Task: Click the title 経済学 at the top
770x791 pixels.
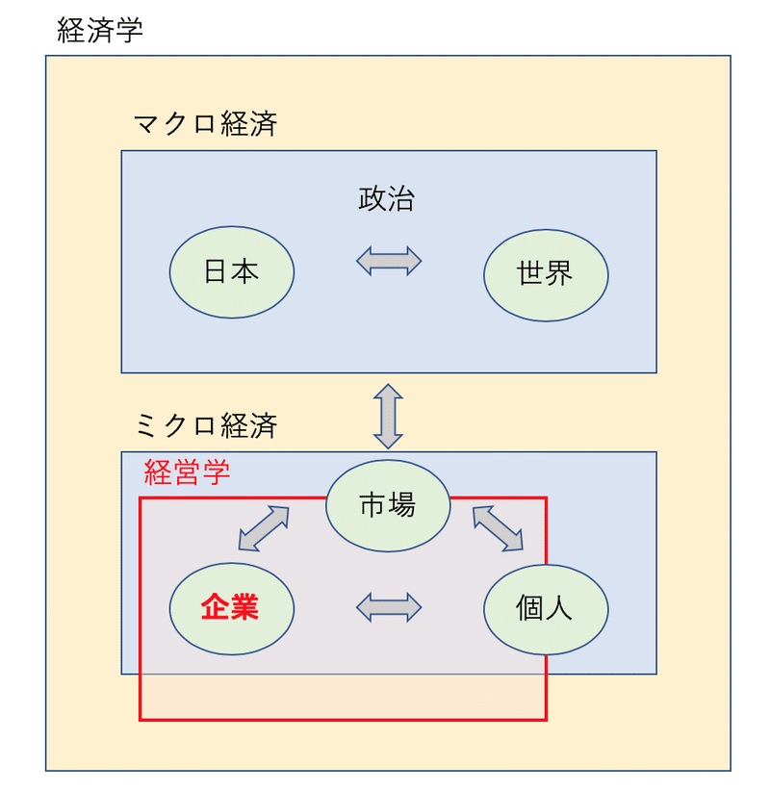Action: (100, 30)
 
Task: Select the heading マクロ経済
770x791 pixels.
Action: (205, 124)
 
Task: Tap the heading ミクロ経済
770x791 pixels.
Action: (205, 425)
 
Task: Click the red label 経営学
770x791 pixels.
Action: (187, 472)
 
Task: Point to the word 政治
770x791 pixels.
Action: (387, 199)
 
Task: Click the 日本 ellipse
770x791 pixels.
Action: (232, 272)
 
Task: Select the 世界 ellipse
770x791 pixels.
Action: (546, 274)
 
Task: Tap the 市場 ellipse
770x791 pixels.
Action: (388, 504)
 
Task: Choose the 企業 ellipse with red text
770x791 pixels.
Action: (232, 608)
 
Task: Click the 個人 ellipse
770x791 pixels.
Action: (546, 608)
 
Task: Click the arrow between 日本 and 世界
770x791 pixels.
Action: (389, 261)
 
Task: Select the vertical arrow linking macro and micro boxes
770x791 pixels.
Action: (388, 416)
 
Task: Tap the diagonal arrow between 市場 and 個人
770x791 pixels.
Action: (498, 528)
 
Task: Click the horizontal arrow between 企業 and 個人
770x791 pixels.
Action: (389, 607)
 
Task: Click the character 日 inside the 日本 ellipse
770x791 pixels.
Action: (218, 272)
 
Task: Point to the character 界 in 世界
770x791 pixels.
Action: (560, 274)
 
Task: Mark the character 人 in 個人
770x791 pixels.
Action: (560, 608)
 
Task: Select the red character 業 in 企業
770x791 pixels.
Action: (245, 608)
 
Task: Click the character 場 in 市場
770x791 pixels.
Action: (402, 504)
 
